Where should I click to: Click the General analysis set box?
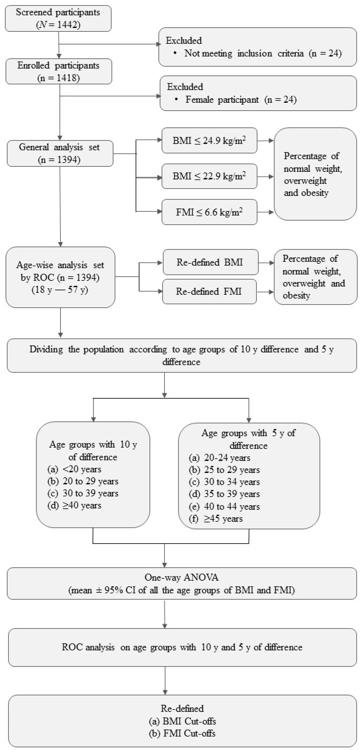click(60, 154)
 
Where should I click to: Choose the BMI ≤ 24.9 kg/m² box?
click(209, 140)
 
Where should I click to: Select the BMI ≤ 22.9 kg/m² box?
click(209, 176)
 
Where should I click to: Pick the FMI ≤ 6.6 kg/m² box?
click(209, 212)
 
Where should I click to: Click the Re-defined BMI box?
click(210, 262)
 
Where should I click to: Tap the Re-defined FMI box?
click(209, 291)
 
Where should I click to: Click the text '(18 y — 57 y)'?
click(60, 290)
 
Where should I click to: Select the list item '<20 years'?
click(82, 469)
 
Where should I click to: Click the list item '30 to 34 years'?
click(232, 482)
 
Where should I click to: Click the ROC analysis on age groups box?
click(182, 647)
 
